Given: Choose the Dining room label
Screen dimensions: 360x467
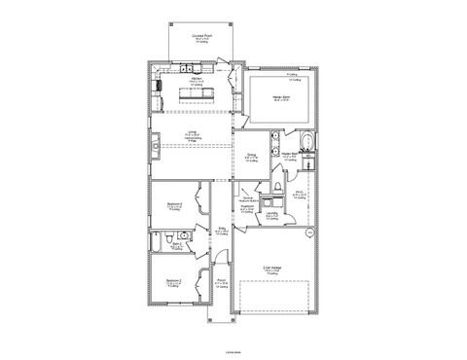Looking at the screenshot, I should pos(251,157).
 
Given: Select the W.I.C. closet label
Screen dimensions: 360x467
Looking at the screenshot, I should pos(301,196).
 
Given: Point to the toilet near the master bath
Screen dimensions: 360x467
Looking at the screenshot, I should pos(277,184).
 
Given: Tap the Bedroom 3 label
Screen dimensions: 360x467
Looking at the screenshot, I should pos(174,206).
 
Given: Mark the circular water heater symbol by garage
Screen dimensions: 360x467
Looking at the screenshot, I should pos(310,234).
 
